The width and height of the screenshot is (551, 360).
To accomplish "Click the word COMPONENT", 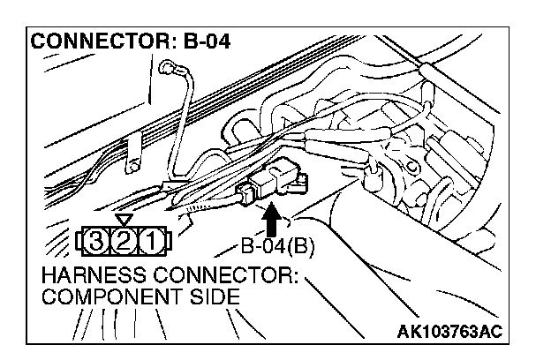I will pyautogui.click(x=101, y=298).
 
